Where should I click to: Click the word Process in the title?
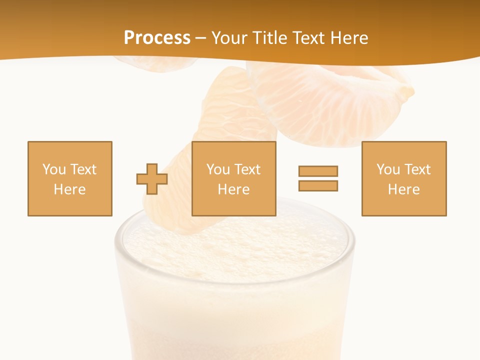[x=157, y=38]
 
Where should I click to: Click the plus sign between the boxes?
[x=152, y=179]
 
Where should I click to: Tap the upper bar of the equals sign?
[x=318, y=171]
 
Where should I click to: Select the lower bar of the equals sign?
[x=318, y=185]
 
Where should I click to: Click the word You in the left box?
[x=54, y=169]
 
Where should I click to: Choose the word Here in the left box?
[x=69, y=189]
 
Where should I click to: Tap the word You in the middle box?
[x=218, y=169]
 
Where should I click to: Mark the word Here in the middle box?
[x=233, y=189]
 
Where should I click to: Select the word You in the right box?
[x=388, y=169]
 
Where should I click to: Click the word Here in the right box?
[x=403, y=189]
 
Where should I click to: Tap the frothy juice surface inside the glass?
[x=235, y=245]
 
